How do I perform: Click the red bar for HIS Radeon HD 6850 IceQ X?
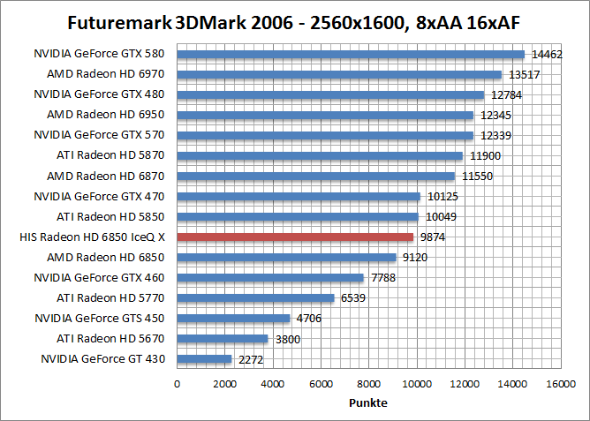[x=295, y=237]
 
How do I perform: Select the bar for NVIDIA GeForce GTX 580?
[x=351, y=54]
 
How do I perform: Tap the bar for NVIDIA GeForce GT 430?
[x=204, y=359]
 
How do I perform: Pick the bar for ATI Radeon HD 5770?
[x=255, y=298]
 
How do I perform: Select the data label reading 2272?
[x=250, y=359]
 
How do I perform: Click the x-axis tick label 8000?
[x=368, y=384]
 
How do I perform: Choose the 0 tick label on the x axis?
[x=178, y=384]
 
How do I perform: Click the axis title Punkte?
[x=368, y=402]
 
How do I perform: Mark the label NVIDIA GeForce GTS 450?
[x=100, y=318]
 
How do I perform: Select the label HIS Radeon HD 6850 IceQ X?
[x=92, y=237]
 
